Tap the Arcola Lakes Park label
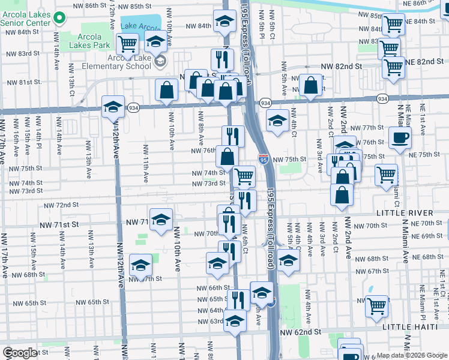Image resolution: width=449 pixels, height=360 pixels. click(89, 41)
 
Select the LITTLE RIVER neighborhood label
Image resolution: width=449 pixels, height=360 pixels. click(404, 213)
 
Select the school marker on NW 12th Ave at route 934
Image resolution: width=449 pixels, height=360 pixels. click(112, 107)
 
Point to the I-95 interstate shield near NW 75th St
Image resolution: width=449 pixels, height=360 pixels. click(264, 158)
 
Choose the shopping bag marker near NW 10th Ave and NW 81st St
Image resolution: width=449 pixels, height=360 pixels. click(167, 91)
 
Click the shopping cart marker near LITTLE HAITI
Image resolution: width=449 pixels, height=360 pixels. click(377, 306)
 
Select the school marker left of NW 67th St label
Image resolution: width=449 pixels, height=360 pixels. click(140, 265)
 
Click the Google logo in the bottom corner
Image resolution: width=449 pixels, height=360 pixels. click(19, 353)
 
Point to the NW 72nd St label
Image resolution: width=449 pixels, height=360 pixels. click(62, 205)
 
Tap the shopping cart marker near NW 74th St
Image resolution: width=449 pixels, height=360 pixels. click(244, 176)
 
